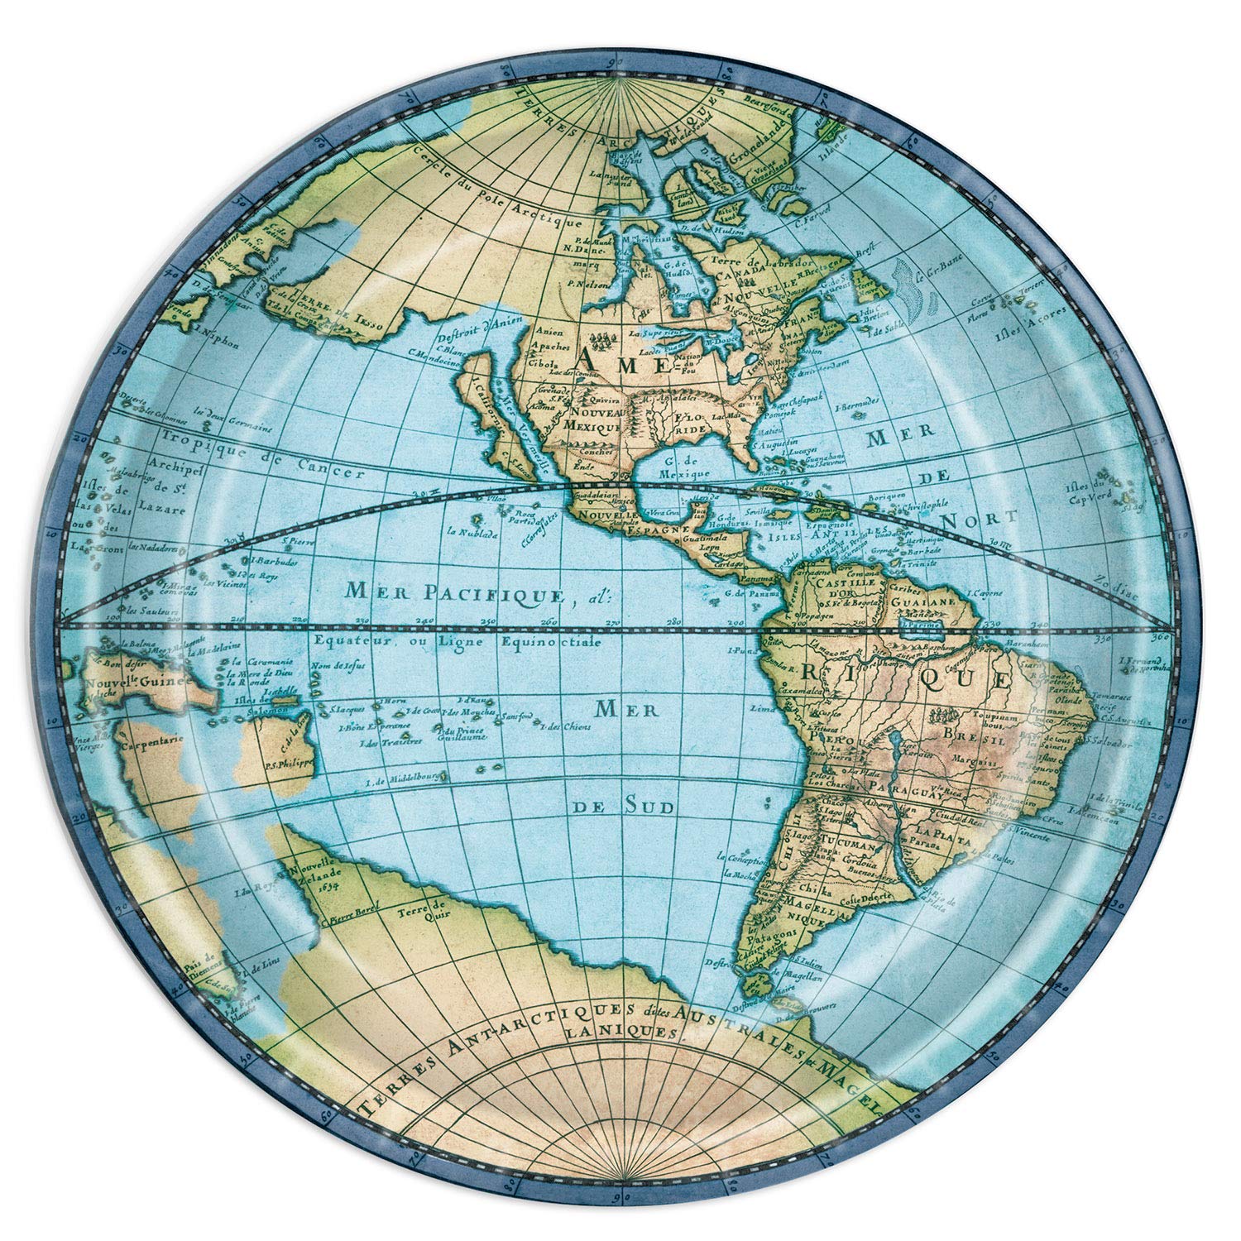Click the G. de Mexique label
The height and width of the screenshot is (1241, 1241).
click(683, 468)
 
